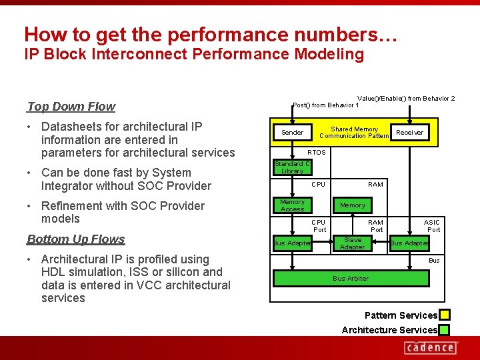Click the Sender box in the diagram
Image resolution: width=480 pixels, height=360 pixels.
292,133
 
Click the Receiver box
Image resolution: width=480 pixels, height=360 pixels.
409,133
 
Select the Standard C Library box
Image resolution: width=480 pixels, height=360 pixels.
292,167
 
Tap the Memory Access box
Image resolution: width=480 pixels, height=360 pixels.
292,205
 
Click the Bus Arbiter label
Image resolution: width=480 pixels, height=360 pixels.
351,278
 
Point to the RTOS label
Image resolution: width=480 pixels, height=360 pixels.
316,152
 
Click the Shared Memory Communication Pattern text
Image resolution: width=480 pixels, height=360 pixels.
354,133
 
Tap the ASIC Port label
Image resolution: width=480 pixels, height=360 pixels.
433,226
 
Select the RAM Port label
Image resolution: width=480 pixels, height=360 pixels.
376,226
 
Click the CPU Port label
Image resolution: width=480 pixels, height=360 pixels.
319,226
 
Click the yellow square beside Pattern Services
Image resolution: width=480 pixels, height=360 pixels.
444,315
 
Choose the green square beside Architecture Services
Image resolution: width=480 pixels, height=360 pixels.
444,330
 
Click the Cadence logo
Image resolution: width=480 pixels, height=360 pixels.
431,347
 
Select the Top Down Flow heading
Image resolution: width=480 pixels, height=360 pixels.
71,107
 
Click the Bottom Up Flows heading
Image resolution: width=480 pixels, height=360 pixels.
76,239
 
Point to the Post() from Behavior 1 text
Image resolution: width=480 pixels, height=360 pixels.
326,105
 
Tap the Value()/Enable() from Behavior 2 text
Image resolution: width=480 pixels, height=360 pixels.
406,99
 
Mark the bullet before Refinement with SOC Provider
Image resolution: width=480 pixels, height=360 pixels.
31,206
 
